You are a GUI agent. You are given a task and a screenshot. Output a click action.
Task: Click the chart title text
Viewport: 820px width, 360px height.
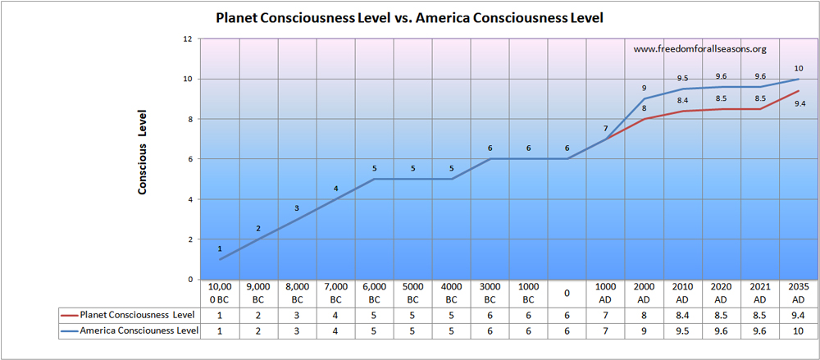[x=409, y=17]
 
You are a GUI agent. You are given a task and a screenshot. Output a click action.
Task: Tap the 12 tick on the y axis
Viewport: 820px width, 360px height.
[x=188, y=39]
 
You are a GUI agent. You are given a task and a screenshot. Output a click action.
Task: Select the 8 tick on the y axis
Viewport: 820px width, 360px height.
[x=189, y=119]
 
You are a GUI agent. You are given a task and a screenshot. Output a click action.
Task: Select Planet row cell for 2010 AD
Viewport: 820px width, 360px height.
[x=682, y=314]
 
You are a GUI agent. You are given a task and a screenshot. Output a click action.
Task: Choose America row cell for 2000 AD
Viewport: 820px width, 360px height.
[x=644, y=330]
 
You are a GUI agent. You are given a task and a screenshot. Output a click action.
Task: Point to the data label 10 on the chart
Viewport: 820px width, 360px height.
[x=799, y=68]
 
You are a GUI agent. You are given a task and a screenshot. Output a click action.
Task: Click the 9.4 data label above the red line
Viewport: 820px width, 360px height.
[x=798, y=104]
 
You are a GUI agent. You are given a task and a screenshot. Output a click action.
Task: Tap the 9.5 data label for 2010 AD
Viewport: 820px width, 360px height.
[x=682, y=78]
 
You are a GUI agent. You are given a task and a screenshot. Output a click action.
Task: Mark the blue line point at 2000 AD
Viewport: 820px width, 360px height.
[x=644, y=99]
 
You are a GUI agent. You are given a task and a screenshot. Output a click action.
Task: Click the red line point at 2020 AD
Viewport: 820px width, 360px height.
[x=721, y=109]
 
